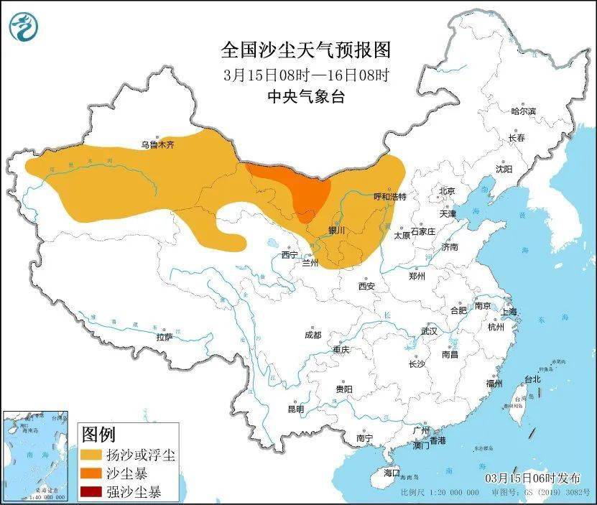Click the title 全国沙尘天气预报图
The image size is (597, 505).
click(x=305, y=50)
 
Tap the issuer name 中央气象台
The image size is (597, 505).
click(x=305, y=96)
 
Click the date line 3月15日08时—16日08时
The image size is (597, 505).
click(x=305, y=74)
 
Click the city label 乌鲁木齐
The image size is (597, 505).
click(x=157, y=144)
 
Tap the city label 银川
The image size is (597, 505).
click(x=336, y=231)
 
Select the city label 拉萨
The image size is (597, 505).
click(x=164, y=336)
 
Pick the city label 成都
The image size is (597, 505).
click(x=313, y=335)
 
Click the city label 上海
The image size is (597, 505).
click(x=509, y=311)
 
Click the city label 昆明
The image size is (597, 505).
click(x=295, y=409)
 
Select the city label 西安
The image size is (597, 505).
click(x=366, y=286)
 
